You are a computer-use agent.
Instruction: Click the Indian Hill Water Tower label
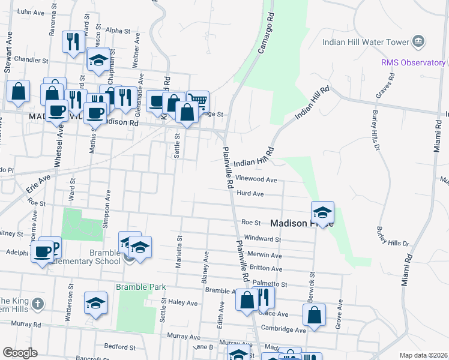tap(365, 42)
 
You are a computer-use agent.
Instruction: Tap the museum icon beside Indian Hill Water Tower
tap(418, 41)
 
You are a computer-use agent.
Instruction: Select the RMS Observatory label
tap(413, 62)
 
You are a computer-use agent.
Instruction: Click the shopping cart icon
tap(198, 100)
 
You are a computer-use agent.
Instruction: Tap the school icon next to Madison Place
tap(322, 211)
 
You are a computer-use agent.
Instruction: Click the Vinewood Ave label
tap(256, 179)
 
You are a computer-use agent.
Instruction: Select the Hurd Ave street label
tap(250, 194)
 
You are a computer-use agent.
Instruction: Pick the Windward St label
tap(261, 239)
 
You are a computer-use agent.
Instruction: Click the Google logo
tap(20, 353)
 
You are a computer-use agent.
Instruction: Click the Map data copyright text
tap(423, 355)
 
